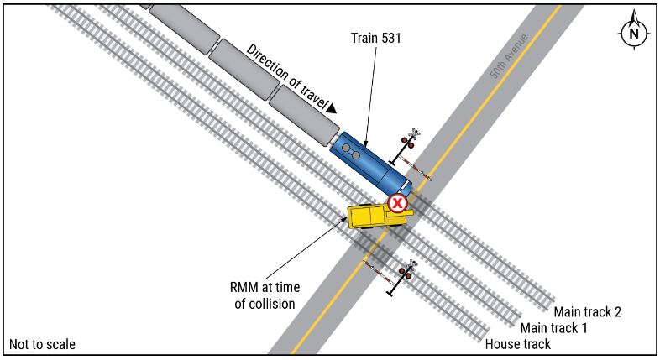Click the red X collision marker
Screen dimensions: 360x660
[397, 202]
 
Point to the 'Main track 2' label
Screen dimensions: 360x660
[589, 312]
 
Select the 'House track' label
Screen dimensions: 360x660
[518, 344]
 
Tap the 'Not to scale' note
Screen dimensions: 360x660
[42, 344]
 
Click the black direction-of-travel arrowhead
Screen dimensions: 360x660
[331, 107]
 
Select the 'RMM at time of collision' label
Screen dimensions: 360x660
[265, 295]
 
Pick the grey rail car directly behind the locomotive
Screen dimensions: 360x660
[304, 115]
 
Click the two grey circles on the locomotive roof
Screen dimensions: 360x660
[351, 151]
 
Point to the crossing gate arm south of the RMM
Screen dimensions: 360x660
[377, 271]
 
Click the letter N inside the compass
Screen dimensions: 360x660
[634, 34]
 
